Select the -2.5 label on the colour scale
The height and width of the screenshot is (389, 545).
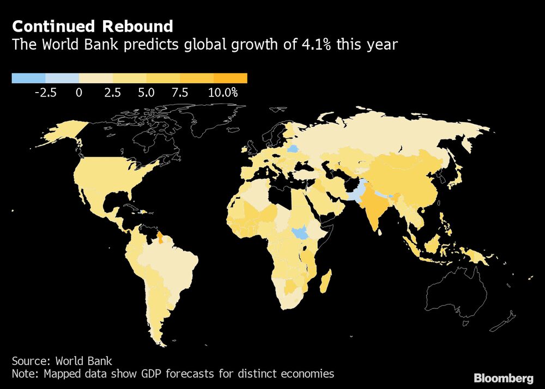pos(45,93)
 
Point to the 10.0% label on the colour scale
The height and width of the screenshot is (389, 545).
pos(223,93)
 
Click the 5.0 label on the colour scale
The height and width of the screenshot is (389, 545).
pos(146,93)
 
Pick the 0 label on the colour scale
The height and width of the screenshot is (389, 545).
pos(79,93)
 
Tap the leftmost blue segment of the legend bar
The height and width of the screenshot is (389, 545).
pos(28,78)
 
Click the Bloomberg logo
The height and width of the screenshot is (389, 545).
pos(504,378)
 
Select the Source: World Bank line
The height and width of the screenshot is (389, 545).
pos(62,361)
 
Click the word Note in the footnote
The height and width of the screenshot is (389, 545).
pos(24,374)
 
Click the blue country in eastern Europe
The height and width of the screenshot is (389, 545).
pos(293,148)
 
